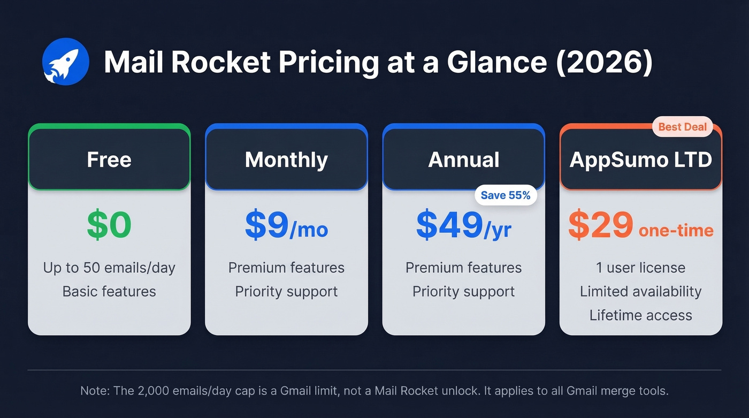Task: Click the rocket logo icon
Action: pyautogui.click(x=65, y=62)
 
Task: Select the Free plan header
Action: pyautogui.click(x=109, y=159)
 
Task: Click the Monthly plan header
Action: pyautogui.click(x=286, y=159)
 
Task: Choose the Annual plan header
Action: pyautogui.click(x=463, y=159)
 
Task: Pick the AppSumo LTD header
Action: pyautogui.click(x=640, y=159)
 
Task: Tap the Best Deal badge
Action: pyautogui.click(x=682, y=127)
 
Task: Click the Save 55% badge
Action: pyautogui.click(x=505, y=195)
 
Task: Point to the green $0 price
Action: pyautogui.click(x=109, y=225)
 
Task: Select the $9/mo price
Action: pyautogui.click(x=286, y=225)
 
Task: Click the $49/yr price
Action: pyautogui.click(x=463, y=225)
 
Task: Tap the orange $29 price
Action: pyautogui.click(x=601, y=225)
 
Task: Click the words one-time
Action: pyautogui.click(x=676, y=230)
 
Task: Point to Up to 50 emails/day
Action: pyautogui.click(x=109, y=268)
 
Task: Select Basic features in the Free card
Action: pyautogui.click(x=109, y=292)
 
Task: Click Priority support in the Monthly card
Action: pyautogui.click(x=286, y=292)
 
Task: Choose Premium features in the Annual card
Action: pyautogui.click(x=463, y=268)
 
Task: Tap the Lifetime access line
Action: pyautogui.click(x=640, y=315)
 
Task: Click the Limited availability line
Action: pyautogui.click(x=640, y=292)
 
